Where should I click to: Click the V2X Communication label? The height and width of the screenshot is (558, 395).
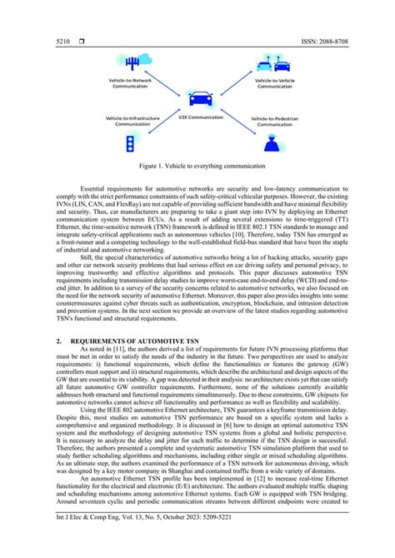tap(198, 117)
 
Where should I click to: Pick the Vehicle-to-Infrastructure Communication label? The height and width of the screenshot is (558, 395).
tap(129, 122)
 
